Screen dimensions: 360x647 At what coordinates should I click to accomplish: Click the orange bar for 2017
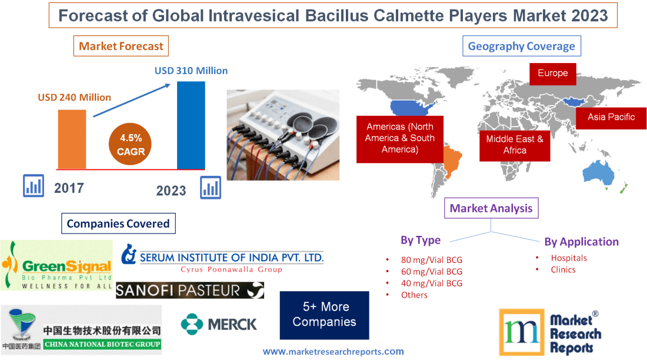(72, 139)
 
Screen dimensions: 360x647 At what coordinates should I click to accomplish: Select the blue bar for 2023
(191, 125)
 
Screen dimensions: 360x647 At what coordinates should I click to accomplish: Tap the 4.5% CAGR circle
(131, 145)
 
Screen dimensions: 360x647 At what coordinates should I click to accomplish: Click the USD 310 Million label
(191, 71)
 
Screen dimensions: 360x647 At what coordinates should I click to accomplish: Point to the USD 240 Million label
(75, 98)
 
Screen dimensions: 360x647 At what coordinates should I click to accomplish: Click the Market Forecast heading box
(121, 46)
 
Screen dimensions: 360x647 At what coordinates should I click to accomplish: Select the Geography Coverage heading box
(521, 46)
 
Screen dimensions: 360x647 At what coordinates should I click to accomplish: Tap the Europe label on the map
(552, 74)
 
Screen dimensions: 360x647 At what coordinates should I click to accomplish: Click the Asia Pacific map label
(611, 117)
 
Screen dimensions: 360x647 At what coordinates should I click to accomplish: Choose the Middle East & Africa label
(515, 145)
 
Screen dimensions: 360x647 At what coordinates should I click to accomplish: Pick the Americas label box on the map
(399, 138)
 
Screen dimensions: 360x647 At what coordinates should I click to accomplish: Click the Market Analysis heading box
(491, 208)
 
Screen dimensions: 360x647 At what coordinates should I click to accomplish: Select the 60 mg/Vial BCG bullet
(431, 271)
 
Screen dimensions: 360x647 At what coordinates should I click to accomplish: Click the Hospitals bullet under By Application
(568, 258)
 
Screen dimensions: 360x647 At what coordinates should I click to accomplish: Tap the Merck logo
(219, 324)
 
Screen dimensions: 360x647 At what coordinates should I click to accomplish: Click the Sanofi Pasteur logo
(189, 290)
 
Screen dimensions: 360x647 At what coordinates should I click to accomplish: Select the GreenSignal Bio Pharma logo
(56, 265)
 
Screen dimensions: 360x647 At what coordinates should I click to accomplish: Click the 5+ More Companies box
(324, 315)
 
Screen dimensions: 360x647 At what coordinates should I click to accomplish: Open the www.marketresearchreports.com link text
(333, 352)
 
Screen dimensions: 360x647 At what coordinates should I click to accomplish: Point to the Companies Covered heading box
(118, 224)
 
